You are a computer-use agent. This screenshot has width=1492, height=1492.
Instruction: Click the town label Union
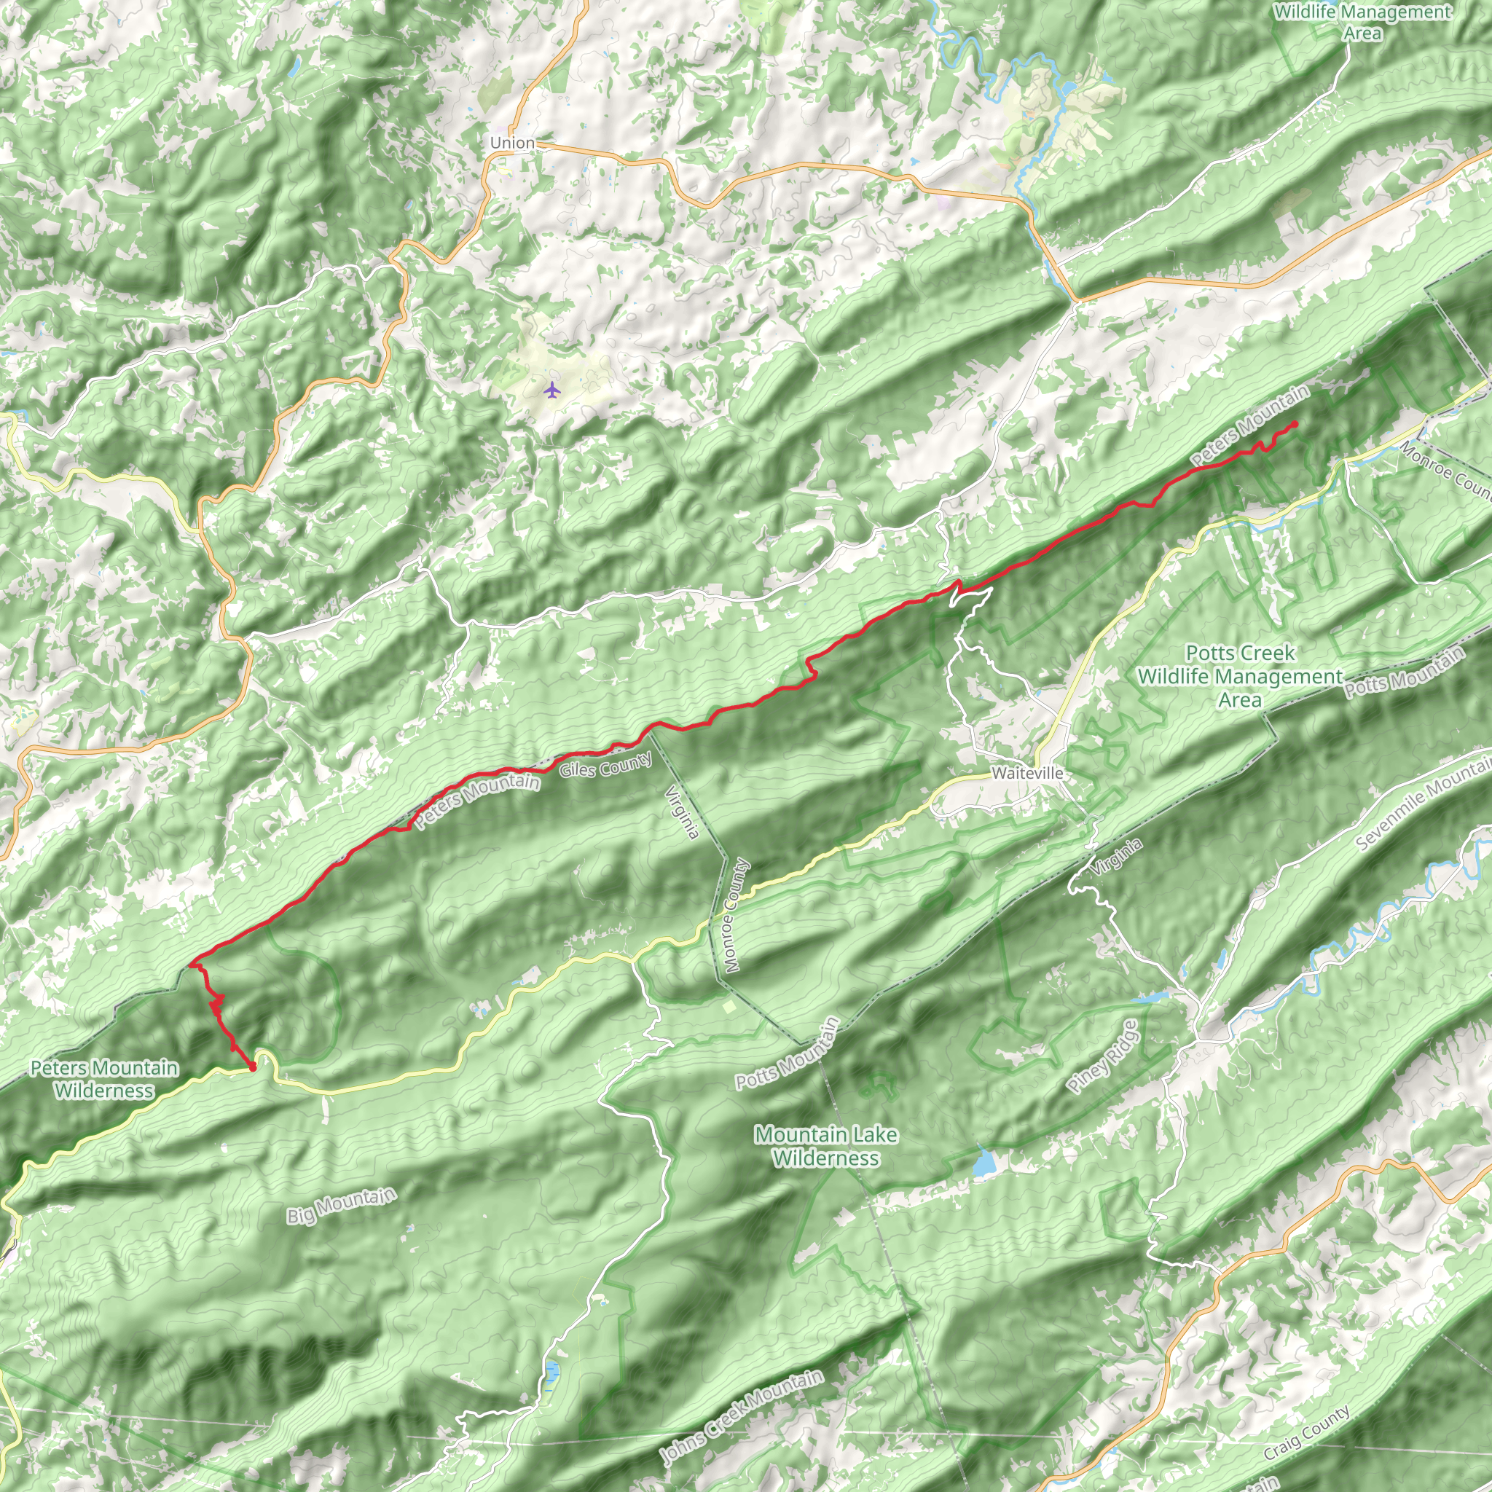pos(512,143)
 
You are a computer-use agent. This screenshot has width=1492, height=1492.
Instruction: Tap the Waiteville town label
pos(1027,773)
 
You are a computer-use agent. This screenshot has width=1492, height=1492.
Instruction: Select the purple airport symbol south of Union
pos(551,390)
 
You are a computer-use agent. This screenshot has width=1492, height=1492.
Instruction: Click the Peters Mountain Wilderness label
pos(104,1079)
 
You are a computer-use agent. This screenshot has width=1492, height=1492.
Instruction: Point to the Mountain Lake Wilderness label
pos(825,1146)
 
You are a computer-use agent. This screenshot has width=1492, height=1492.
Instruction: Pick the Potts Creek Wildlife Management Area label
pos(1239,676)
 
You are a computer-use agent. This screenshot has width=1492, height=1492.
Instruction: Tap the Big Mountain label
pos(342,1206)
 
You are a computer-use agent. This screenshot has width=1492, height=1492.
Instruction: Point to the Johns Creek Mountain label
pos(742,1417)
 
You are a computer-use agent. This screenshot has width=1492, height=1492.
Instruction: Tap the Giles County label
pos(605,766)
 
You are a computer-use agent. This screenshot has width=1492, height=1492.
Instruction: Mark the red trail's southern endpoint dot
pos(252,1067)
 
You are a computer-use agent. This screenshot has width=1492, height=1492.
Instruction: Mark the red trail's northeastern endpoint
pos(1295,423)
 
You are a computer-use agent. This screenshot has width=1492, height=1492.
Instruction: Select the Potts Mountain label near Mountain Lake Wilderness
pos(787,1053)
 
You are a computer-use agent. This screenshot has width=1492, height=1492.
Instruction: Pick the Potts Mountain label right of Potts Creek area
pos(1405,671)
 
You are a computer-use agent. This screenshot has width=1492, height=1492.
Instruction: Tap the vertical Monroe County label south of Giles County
pos(734,915)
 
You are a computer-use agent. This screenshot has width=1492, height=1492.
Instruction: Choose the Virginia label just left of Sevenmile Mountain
pos(1117,857)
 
